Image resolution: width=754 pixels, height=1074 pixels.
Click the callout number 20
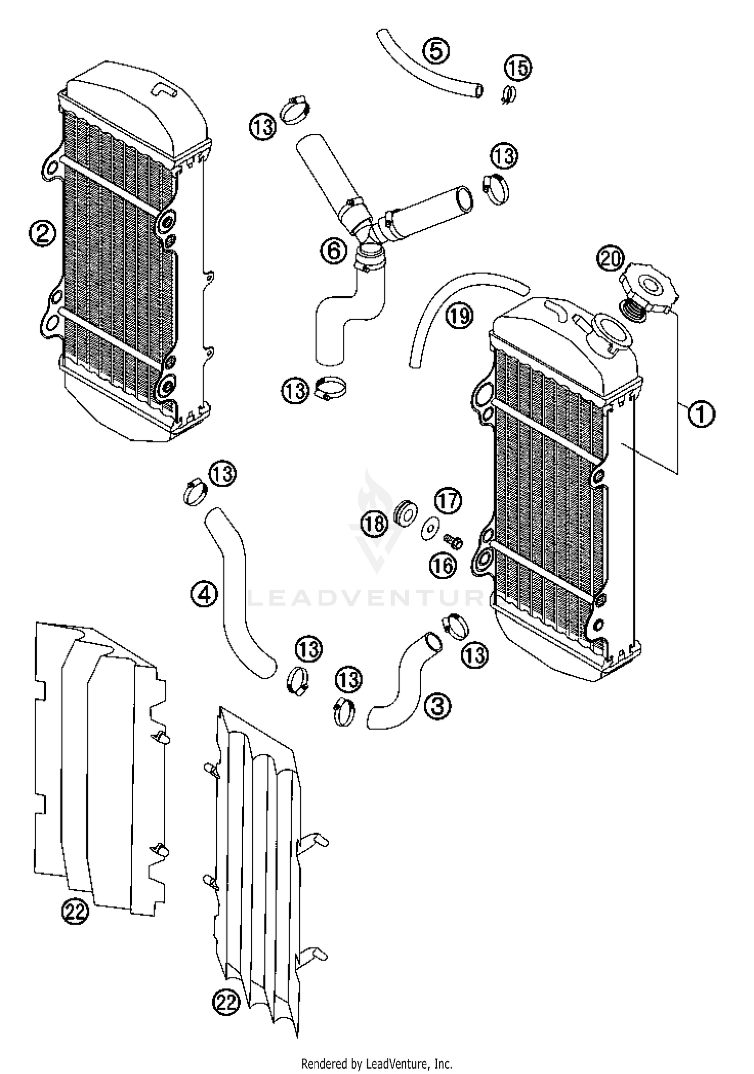[x=610, y=259]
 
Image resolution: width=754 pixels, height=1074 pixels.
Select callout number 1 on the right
[x=701, y=414]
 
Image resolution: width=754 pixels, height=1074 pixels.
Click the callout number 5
[x=436, y=51]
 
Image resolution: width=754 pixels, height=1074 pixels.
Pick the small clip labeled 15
[x=509, y=94]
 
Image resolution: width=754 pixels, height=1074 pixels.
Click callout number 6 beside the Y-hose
[x=334, y=250]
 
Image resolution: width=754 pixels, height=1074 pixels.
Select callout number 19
[x=459, y=316]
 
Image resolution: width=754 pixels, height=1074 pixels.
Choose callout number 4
[x=204, y=595]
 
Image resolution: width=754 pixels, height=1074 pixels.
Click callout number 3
[x=437, y=706]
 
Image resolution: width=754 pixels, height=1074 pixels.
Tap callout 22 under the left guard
[x=75, y=911]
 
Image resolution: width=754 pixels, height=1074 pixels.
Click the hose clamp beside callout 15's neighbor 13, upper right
[x=496, y=188]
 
